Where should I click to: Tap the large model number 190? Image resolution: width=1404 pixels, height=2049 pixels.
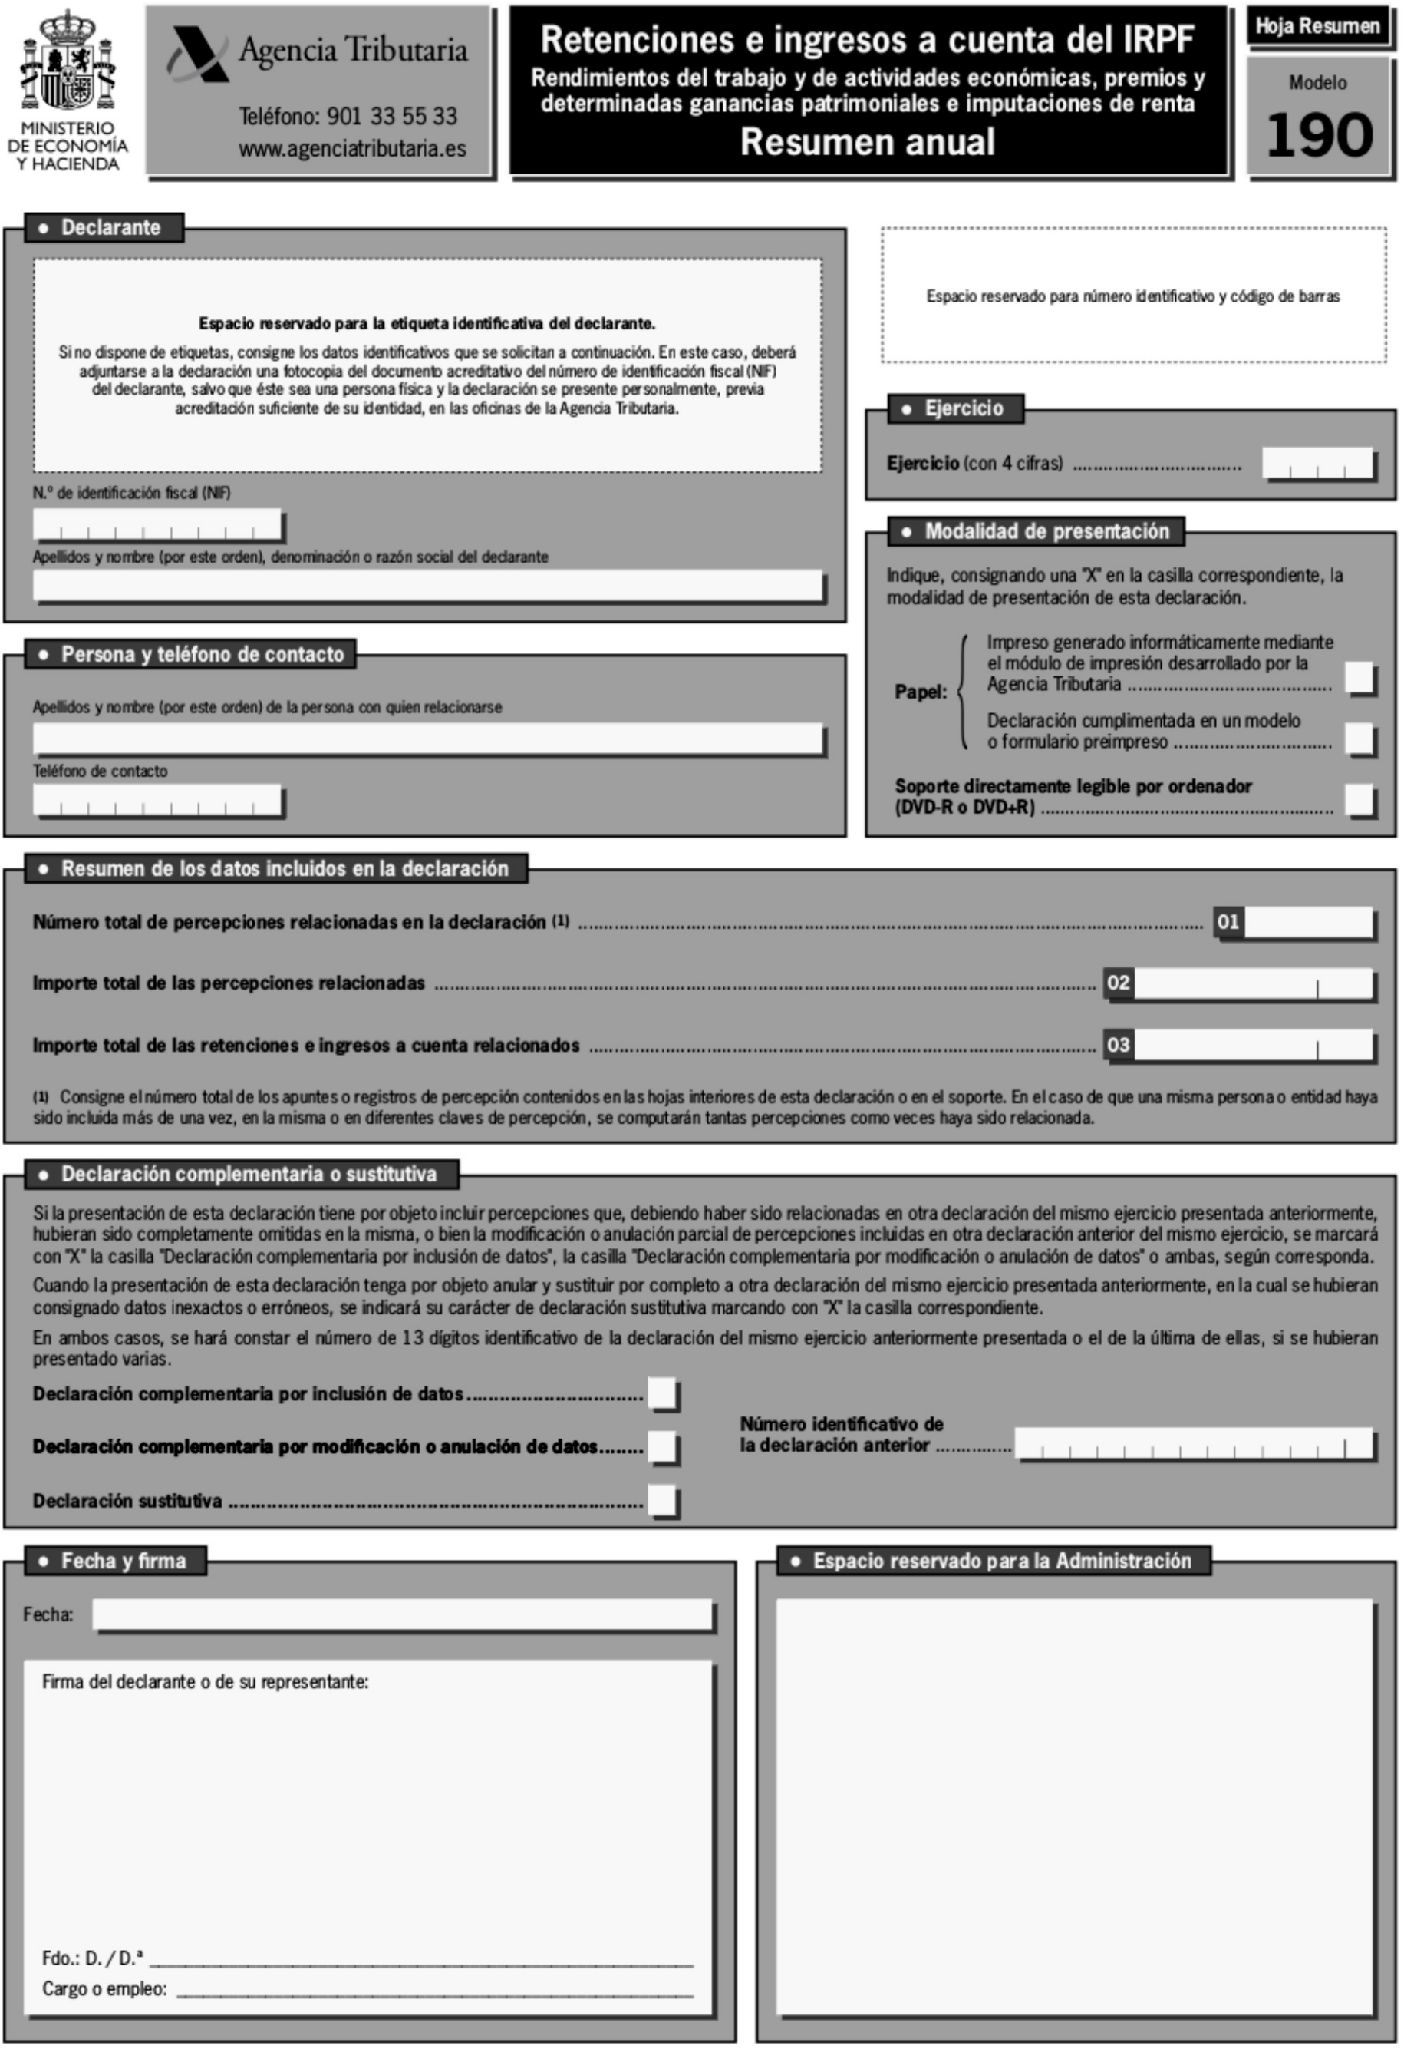(x=1320, y=136)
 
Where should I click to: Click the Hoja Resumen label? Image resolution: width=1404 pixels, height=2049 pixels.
(x=1317, y=26)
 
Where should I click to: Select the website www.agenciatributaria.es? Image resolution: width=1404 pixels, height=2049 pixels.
(x=351, y=149)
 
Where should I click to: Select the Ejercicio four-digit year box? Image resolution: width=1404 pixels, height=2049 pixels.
(x=1317, y=464)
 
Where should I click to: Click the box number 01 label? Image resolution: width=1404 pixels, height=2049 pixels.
(x=1227, y=922)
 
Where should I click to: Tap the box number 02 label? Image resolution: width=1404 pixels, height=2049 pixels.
(x=1118, y=983)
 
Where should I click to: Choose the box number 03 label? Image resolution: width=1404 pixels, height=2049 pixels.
(x=1118, y=1045)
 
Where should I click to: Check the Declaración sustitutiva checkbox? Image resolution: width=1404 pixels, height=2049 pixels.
(x=662, y=1500)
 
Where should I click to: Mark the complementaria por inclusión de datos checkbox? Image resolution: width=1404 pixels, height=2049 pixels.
(x=662, y=1393)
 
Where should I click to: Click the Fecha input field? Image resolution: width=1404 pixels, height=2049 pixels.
(x=402, y=1614)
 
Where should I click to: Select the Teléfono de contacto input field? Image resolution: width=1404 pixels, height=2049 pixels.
(x=157, y=801)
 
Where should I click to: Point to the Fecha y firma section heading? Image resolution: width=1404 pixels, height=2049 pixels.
(x=114, y=1562)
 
